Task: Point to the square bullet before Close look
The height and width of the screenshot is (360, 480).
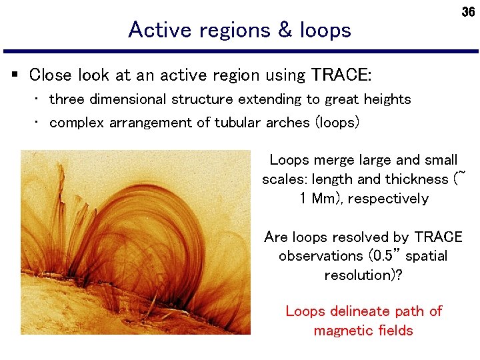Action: click(x=15, y=75)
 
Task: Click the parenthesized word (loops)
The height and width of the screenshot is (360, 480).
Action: click(x=337, y=123)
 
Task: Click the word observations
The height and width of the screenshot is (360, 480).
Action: click(x=320, y=257)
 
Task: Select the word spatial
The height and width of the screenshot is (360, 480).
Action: click(x=425, y=257)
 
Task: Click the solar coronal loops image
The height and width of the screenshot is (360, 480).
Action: click(x=135, y=242)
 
